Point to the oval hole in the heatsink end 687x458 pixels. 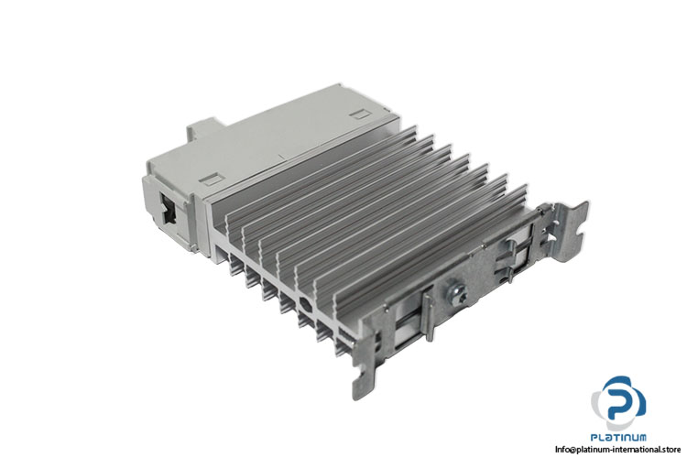(304, 302)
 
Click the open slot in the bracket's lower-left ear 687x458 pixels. (364, 376)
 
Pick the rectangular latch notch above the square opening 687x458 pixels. (211, 178)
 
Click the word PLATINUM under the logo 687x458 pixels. (618, 439)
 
